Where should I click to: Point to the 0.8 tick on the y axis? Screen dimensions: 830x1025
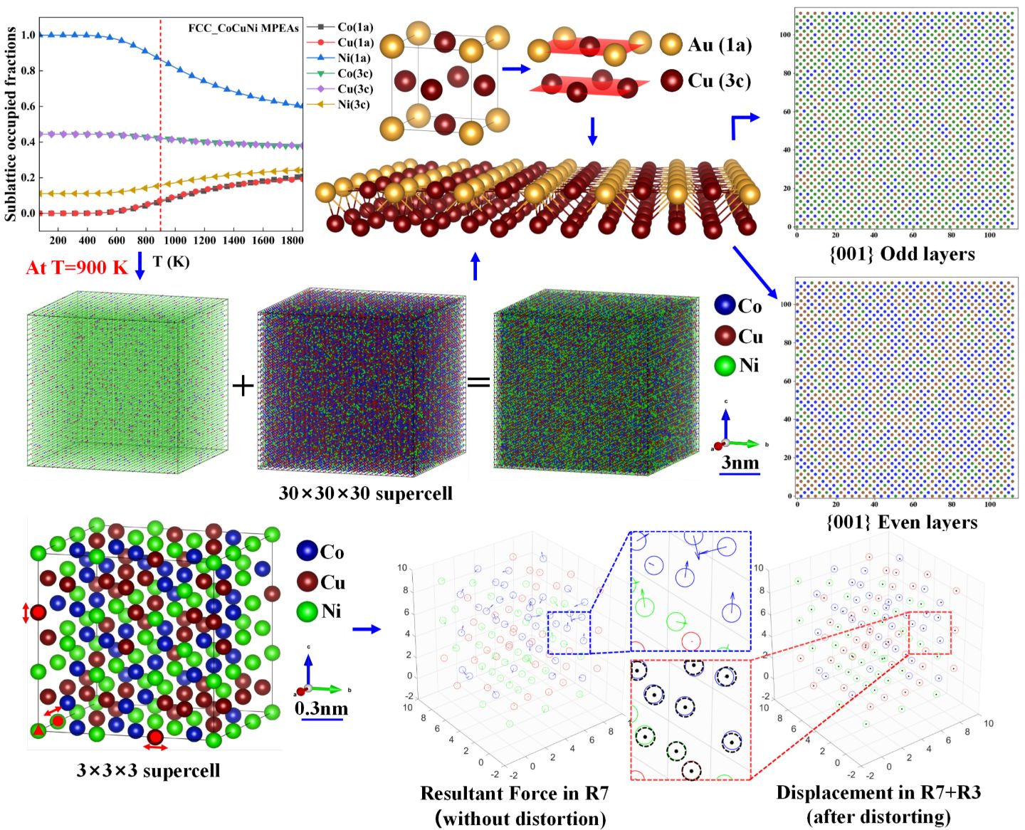[x=28, y=70]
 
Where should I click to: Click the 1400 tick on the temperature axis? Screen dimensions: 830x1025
[x=233, y=241]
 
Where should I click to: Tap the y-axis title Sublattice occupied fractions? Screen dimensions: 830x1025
[x=11, y=124]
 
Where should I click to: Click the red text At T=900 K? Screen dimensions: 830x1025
[x=77, y=268]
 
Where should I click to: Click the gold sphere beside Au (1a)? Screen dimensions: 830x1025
[x=671, y=44]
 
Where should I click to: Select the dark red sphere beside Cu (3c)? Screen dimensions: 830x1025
[x=671, y=80]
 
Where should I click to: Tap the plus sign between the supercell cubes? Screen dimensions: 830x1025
[x=243, y=386]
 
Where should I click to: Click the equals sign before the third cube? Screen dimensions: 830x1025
[x=478, y=382]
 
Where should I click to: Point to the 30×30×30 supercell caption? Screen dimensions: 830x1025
[x=365, y=493]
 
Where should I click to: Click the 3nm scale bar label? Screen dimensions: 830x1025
[x=740, y=463]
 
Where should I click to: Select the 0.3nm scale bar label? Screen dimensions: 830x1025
[x=321, y=708]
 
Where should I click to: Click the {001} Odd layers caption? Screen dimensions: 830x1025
[x=902, y=254]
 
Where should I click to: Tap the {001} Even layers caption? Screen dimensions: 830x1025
[x=902, y=522]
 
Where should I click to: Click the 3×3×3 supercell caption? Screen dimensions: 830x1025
[x=148, y=770]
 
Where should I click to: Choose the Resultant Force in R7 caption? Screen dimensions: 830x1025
[x=514, y=793]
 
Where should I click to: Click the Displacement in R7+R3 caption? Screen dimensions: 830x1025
[x=878, y=792]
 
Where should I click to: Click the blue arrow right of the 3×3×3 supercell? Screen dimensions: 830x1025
[x=366, y=629]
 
